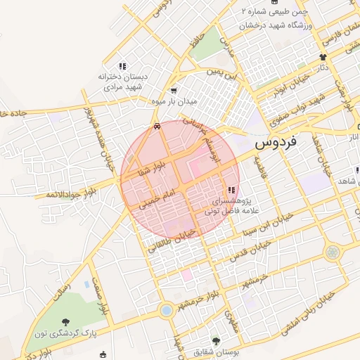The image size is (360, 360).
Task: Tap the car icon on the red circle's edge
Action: pos(157,127)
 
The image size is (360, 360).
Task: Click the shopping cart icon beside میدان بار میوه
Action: pos(174,91)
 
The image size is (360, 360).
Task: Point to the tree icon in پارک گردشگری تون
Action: pos(72,322)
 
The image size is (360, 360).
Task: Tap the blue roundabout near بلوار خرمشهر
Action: pos(166,309)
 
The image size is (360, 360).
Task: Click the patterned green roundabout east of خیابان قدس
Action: pos(332,252)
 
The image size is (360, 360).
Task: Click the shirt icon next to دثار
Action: pos(323,57)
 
